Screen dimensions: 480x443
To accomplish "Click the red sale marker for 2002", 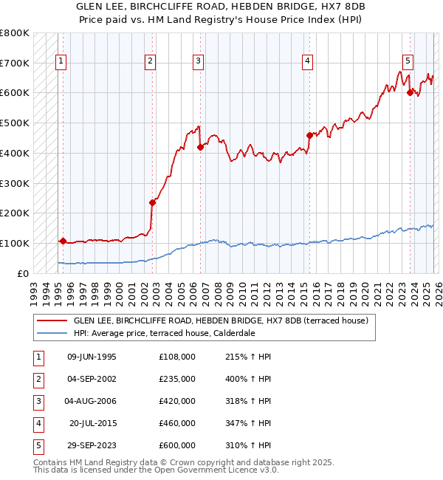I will click(153, 202).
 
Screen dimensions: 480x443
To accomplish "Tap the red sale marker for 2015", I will click(309, 134).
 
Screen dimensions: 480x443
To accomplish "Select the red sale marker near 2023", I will click(410, 92).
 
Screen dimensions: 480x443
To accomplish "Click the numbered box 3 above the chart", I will click(199, 61).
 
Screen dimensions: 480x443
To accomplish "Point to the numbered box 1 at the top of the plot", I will click(60, 61).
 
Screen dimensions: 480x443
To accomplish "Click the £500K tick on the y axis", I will click(15, 123).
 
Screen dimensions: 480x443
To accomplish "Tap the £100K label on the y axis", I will click(15, 243).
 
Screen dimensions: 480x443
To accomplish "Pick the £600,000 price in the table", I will click(177, 445).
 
